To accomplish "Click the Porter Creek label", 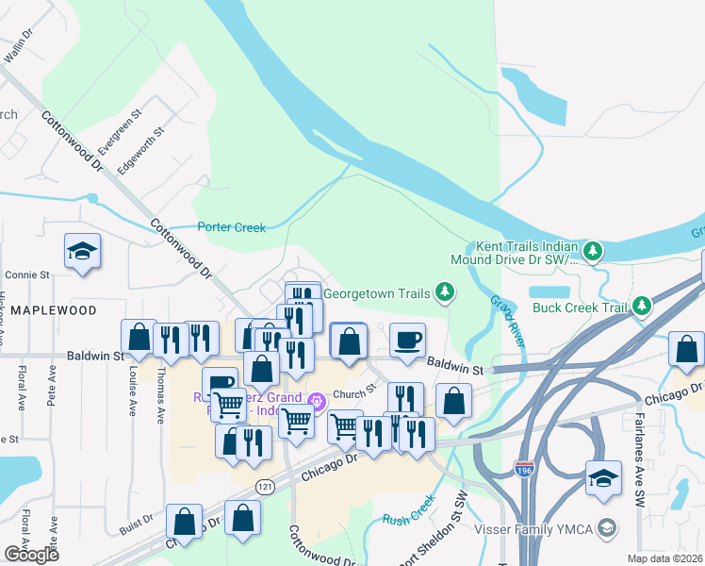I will [x=232, y=226].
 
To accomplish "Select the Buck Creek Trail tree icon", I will [x=641, y=306].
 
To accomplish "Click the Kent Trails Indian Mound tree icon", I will [x=592, y=251].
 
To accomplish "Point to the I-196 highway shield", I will [x=525, y=468].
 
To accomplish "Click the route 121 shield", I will [x=267, y=483].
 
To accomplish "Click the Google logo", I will [x=30, y=555].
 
